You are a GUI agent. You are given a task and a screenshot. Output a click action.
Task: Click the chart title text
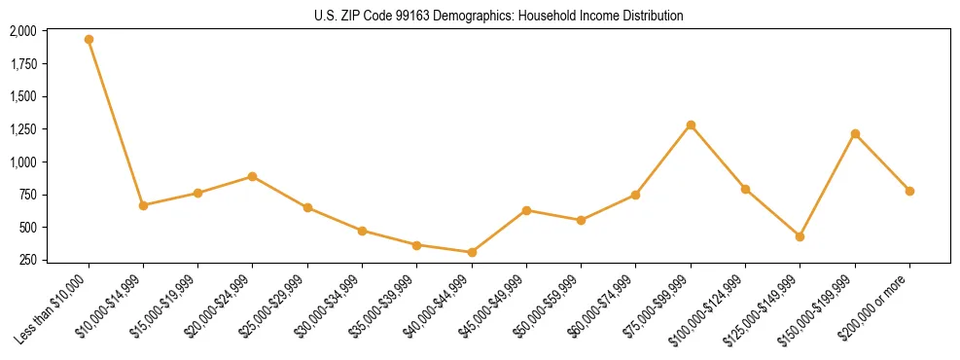click(499, 16)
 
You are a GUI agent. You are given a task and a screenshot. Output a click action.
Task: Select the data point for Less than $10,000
click(89, 40)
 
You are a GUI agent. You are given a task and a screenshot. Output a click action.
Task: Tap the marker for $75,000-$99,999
click(691, 126)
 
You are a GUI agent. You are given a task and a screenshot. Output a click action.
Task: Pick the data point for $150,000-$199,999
click(855, 133)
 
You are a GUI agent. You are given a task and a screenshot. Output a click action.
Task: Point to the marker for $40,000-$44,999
click(472, 252)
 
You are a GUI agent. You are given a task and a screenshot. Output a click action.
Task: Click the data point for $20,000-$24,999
click(253, 176)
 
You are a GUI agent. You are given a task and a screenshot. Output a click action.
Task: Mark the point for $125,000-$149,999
click(800, 236)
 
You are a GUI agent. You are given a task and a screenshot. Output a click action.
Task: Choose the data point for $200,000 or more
click(909, 191)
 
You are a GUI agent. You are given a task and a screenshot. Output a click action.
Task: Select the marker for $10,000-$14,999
click(143, 205)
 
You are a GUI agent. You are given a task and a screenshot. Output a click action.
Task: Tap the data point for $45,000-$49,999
click(526, 210)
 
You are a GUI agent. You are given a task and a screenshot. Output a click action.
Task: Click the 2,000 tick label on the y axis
click(23, 31)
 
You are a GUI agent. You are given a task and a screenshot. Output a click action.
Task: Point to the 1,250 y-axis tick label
click(23, 129)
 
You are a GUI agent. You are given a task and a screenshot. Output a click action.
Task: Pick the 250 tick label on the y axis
click(27, 260)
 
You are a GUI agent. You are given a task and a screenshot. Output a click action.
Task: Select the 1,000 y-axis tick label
click(23, 162)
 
